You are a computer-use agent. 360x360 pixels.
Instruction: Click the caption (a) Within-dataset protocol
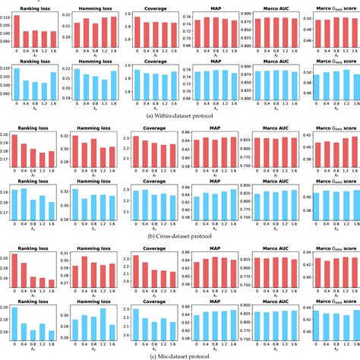[x=180, y=116]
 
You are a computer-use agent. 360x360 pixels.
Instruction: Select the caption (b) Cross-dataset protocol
[x=180, y=235]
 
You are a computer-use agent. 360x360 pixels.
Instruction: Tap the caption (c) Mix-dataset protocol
[x=180, y=355]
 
